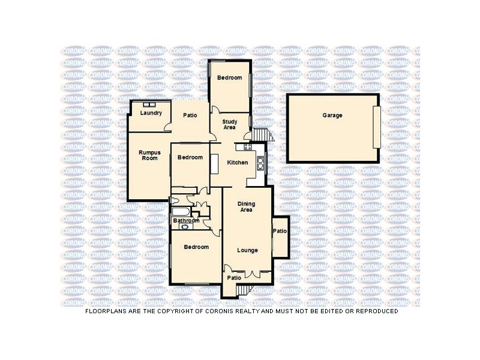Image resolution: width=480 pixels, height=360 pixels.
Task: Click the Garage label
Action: (332, 115)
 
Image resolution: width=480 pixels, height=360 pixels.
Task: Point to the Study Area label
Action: (229, 124)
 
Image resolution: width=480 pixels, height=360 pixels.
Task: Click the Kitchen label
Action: (238, 163)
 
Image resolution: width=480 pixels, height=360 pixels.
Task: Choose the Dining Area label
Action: (246, 207)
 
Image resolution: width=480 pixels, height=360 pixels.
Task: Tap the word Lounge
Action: (247, 250)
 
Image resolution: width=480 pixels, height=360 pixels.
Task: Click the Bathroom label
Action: (187, 221)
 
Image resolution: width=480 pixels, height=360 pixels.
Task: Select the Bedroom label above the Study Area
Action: (229, 78)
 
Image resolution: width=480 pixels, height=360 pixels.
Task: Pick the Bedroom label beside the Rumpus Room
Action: (190, 158)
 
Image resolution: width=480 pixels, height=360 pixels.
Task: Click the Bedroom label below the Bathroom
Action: (196, 247)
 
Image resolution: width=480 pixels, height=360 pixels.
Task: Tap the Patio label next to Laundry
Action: (190, 115)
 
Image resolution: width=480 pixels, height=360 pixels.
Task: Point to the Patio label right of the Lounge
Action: (280, 231)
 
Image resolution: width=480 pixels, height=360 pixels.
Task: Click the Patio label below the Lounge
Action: (234, 278)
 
